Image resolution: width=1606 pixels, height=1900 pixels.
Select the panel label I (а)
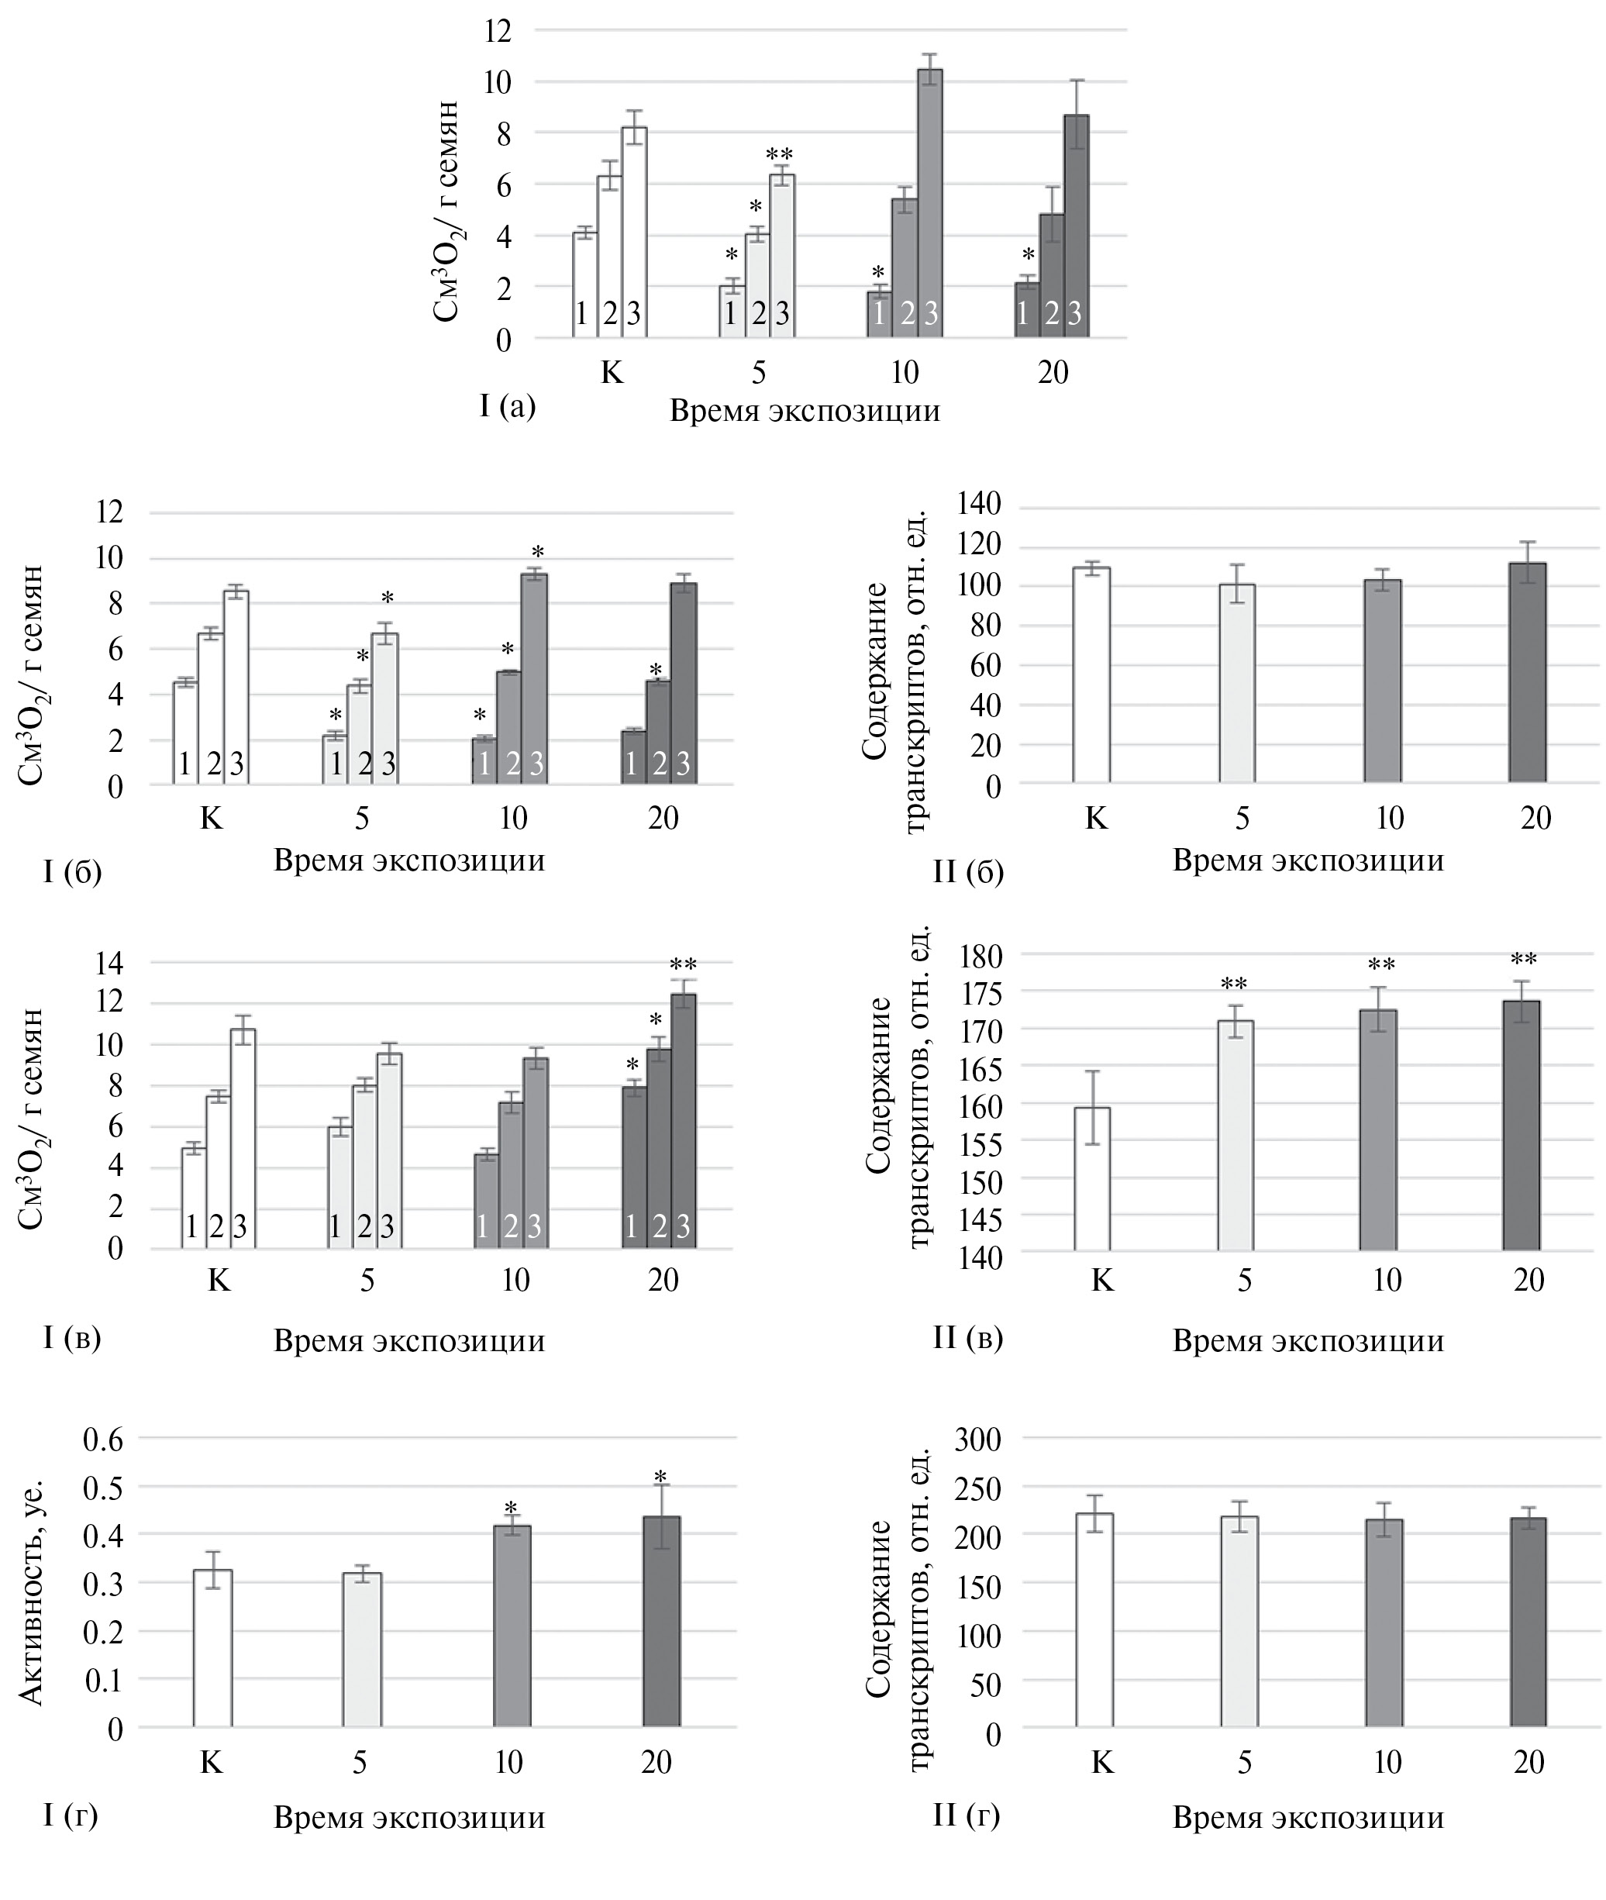coord(508,406)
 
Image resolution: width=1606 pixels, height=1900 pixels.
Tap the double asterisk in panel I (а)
coord(779,153)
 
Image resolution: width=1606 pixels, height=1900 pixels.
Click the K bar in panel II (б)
coord(1091,674)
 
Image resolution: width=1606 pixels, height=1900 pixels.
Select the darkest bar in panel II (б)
coord(1528,673)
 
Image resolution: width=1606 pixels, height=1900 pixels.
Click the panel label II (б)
coord(968,871)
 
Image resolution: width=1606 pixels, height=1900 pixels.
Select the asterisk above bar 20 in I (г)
coord(660,1478)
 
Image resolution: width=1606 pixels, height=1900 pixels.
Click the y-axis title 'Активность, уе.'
coord(31,1592)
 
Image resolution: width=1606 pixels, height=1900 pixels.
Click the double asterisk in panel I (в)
coord(683,965)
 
